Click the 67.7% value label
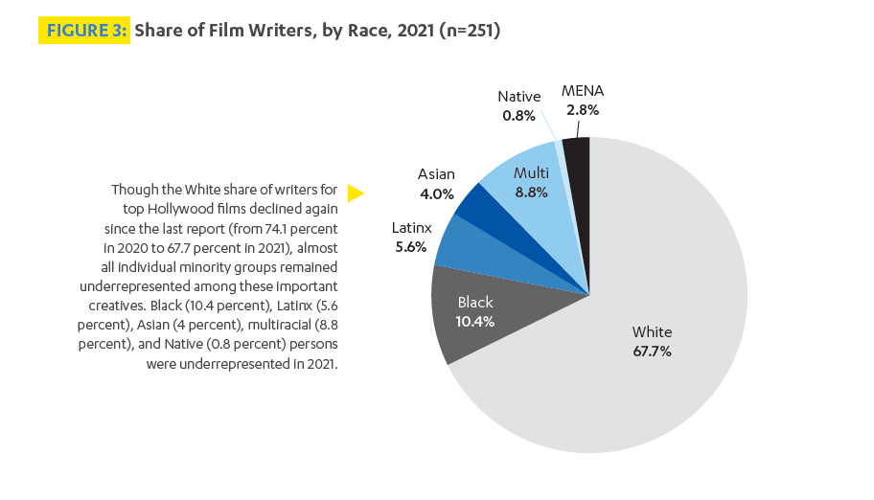[652, 352]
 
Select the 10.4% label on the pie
[475, 322]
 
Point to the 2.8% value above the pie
[583, 110]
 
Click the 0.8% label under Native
[518, 116]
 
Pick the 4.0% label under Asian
[436, 193]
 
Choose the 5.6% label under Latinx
[411, 247]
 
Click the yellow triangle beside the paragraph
[356, 193]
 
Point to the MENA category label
[583, 91]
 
